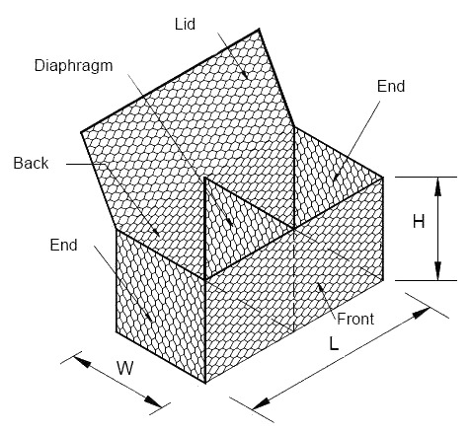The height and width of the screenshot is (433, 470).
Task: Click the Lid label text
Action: tap(185, 25)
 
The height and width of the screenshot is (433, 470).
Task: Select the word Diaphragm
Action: tap(74, 67)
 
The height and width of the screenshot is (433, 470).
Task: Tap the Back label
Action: tap(31, 163)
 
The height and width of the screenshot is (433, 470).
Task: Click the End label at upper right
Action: tap(391, 86)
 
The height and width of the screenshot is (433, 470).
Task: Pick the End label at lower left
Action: tap(64, 245)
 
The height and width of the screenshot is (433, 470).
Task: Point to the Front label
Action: tap(355, 319)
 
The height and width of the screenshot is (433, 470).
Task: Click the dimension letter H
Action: tap(419, 222)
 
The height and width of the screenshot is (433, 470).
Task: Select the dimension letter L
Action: tap(334, 343)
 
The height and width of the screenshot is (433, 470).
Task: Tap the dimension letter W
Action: tap(125, 368)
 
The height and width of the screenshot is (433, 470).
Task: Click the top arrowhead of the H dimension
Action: tap(437, 186)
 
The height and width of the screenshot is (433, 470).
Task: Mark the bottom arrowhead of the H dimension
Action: tap(437, 271)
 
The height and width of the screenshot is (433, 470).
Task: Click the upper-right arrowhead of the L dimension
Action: tap(422, 313)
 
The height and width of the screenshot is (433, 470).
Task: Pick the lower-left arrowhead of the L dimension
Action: tap(262, 403)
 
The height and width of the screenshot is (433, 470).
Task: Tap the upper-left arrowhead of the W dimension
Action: tap(82, 362)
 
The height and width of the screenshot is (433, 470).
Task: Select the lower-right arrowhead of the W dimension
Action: tap(153, 401)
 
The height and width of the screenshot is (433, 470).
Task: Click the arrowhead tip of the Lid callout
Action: tap(248, 79)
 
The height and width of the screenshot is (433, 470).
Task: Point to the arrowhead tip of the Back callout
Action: tap(160, 237)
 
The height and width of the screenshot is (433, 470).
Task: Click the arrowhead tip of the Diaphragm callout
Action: tap(233, 226)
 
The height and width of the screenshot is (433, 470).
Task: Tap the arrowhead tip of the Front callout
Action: tap(318, 283)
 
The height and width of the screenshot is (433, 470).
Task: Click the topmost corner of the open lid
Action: tap(260, 29)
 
